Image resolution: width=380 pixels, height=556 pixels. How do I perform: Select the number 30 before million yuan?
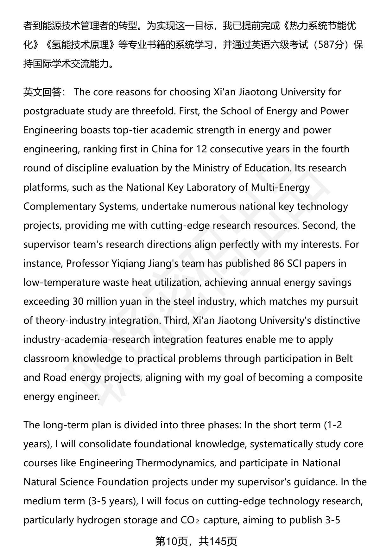pos(78,301)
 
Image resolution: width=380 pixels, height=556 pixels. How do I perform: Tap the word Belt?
pos(344,358)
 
